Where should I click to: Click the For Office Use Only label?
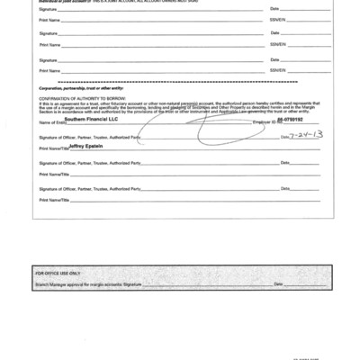[x=57, y=271]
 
